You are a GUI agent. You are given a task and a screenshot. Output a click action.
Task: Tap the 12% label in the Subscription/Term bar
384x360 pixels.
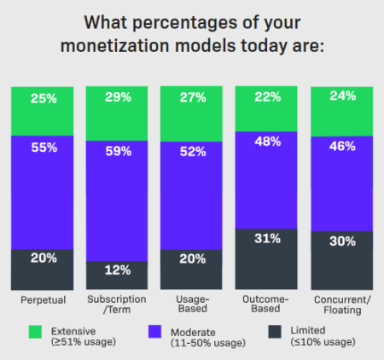tap(119, 270)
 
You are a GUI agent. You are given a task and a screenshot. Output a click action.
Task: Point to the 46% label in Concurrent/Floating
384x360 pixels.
tap(341, 147)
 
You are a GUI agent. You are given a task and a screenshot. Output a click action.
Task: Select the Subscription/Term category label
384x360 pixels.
tap(119, 305)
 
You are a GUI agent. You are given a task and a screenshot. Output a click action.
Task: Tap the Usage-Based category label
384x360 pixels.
tap(193, 305)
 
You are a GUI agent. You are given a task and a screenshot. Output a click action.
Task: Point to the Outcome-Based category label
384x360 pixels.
tap(267, 305)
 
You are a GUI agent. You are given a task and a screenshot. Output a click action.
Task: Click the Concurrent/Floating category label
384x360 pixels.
tap(341, 305)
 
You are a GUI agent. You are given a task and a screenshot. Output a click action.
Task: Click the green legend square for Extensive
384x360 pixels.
tap(35, 330)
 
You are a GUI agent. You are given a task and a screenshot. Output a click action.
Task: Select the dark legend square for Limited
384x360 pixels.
tap(275, 330)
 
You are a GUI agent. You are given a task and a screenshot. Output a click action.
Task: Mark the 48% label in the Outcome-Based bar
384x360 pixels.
tap(267, 142)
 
